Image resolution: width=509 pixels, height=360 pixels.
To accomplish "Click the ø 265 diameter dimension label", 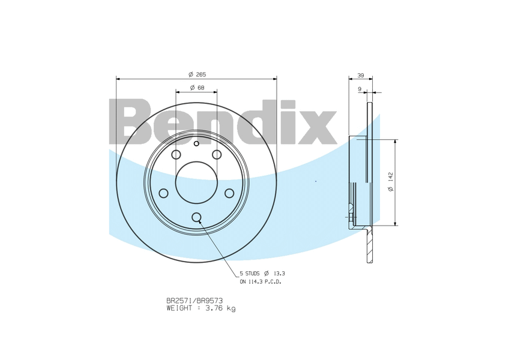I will click(x=197, y=74).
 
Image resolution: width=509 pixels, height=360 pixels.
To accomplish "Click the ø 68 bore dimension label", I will click(x=197, y=88).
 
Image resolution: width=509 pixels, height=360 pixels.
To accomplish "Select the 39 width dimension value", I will click(x=360, y=76).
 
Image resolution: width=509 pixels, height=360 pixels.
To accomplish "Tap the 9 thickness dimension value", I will click(x=359, y=89).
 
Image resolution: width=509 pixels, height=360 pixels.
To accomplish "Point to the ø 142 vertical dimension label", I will click(x=390, y=182).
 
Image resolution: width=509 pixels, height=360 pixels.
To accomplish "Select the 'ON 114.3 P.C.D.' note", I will click(x=261, y=281).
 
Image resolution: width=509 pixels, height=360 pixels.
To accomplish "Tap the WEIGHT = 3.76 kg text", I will click(x=201, y=308).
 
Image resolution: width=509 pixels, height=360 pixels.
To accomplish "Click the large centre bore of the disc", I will click(x=196, y=182).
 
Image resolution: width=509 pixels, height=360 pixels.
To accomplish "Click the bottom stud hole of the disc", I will click(x=196, y=217).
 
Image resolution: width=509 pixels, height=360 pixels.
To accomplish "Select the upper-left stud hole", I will click(x=176, y=155).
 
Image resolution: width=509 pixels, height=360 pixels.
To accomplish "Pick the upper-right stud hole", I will click(x=217, y=155).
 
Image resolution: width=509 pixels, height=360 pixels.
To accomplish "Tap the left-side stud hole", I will click(x=163, y=193).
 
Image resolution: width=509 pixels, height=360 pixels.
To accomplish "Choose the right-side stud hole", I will click(x=229, y=193).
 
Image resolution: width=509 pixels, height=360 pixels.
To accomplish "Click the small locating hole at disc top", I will click(x=196, y=143).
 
